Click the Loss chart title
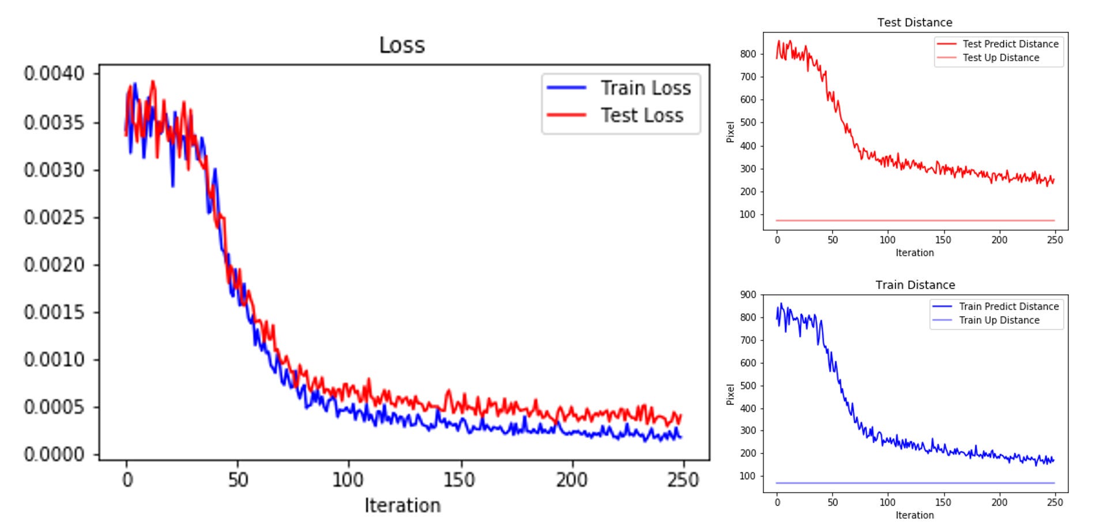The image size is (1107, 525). pos(402,45)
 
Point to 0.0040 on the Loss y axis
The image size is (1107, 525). pos(54,73)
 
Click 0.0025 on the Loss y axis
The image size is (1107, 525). pos(54,217)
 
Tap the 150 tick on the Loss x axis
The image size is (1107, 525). pos(460,479)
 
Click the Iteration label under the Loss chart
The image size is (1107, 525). pos(402,505)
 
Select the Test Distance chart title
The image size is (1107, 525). pos(914,22)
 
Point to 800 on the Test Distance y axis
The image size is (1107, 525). pos(748,54)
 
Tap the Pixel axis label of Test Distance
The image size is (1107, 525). pos(731,132)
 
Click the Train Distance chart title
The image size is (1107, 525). pos(915,285)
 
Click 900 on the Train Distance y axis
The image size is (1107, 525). pos(748,295)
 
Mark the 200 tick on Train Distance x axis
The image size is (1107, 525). pos(999,502)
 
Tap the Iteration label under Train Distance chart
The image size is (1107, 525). pos(914,515)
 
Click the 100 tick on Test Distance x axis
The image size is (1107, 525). pos(887,240)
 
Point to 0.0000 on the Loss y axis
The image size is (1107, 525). pos(54,455)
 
